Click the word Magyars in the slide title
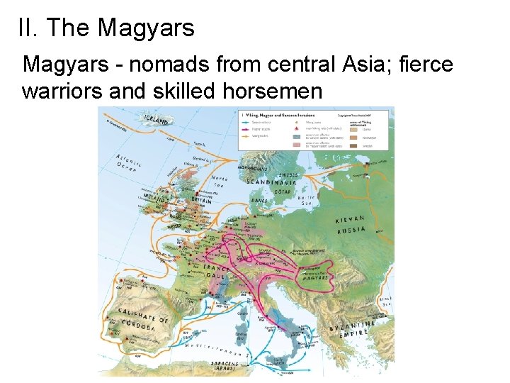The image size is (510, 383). coord(146,28)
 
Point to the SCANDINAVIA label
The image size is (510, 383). coord(271,181)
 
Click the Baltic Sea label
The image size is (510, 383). coord(306,201)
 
